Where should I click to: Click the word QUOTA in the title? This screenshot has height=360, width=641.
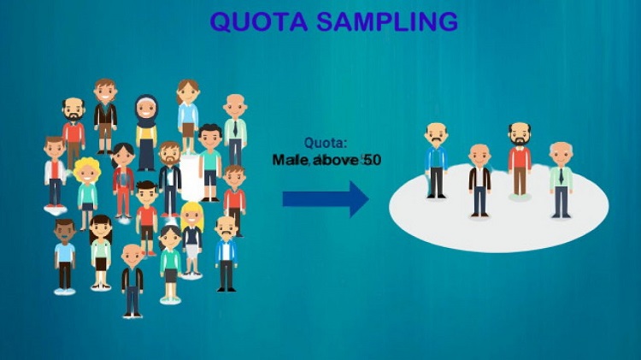tap(259, 21)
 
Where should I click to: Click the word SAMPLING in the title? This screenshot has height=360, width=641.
tap(387, 21)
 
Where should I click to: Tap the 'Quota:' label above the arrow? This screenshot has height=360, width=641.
tap(326, 143)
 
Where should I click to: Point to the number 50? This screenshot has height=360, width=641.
tap(372, 160)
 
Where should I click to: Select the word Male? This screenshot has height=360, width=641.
tap(291, 160)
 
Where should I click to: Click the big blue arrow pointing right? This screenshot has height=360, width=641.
tap(326, 199)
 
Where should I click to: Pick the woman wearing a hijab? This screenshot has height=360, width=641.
tap(146, 133)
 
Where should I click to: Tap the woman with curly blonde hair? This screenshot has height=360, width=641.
tap(87, 192)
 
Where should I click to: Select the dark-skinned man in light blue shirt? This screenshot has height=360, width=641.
tap(65, 256)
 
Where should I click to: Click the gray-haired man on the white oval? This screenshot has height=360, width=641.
tap(561, 180)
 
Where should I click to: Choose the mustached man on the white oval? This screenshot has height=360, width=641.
tap(436, 161)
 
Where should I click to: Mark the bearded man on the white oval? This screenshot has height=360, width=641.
tap(520, 160)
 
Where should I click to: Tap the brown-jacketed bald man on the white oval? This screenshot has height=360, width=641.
tap(479, 180)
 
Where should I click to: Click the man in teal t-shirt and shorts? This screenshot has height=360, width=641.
tap(210, 162)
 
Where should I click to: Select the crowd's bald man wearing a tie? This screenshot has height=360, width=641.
tap(235, 130)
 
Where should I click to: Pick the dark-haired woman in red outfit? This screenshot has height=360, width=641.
tap(123, 180)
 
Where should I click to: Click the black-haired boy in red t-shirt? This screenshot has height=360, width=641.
tap(147, 218)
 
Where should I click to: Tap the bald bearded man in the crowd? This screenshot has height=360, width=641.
tap(74, 133)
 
